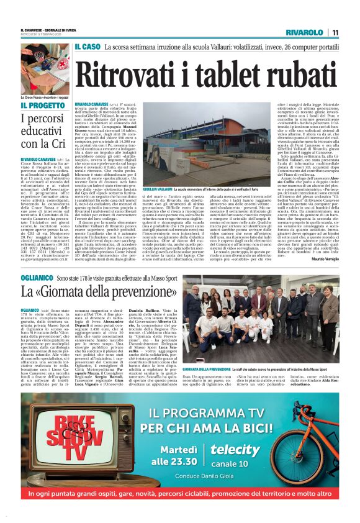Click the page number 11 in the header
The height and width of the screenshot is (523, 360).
point(335,32)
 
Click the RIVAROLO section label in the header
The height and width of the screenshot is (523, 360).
point(305,32)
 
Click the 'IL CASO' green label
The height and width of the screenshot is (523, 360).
point(88,47)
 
